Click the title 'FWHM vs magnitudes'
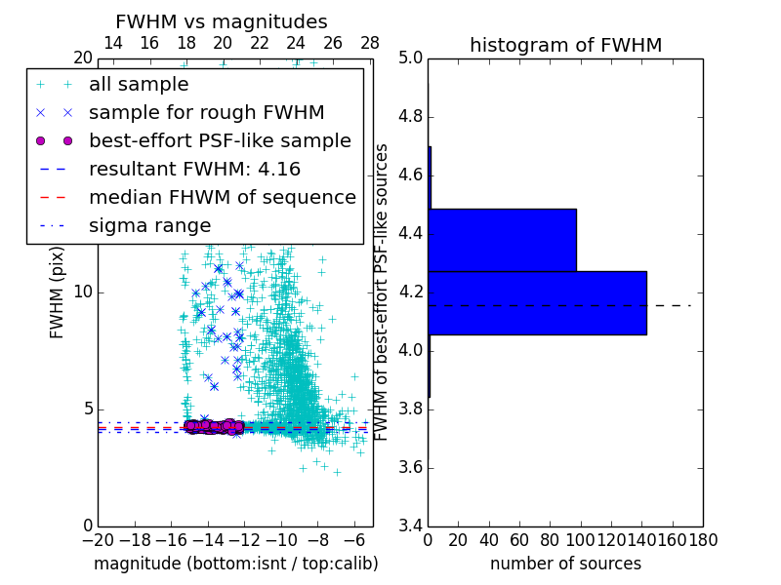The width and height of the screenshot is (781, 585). (222, 21)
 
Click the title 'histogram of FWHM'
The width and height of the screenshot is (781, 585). (565, 45)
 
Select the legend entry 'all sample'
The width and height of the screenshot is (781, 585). (139, 85)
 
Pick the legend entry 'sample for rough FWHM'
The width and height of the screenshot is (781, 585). (206, 112)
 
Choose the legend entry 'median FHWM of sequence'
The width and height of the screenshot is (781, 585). (222, 197)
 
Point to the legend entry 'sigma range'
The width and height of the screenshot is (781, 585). (149, 225)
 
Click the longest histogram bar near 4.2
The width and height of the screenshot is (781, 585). (537, 302)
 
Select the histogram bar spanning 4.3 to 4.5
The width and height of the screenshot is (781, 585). (502, 240)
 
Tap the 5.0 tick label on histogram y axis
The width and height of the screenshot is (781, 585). (410, 58)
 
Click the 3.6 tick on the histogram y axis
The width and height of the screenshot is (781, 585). (410, 467)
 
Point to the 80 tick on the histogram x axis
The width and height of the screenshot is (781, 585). (550, 540)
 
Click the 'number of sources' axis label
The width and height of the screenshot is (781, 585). (565, 564)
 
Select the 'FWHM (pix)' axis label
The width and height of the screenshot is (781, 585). (58, 292)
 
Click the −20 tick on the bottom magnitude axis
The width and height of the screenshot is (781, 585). (98, 540)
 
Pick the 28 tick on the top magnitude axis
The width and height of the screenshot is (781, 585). (370, 44)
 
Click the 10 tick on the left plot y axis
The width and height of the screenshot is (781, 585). (83, 292)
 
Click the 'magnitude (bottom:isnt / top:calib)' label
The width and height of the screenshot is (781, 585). (235, 564)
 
